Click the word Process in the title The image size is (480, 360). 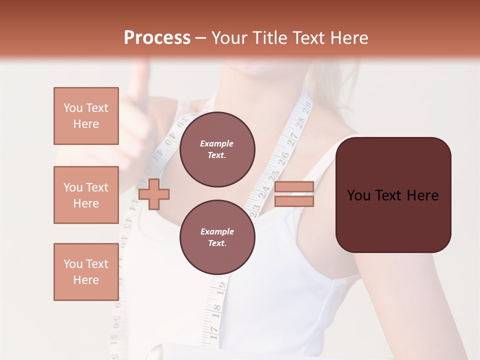(157, 37)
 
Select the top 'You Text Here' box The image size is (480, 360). (86, 116)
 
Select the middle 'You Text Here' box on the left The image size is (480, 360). (86, 195)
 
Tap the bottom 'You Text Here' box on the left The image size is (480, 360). (86, 271)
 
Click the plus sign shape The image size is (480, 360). (153, 194)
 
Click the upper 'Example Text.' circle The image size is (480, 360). (217, 149)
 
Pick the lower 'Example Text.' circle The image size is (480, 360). (217, 237)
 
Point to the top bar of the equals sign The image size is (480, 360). (294, 186)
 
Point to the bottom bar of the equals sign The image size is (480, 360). (294, 201)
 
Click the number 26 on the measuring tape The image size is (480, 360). (283, 157)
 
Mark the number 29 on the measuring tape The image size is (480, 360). (306, 106)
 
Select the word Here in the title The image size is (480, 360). (348, 38)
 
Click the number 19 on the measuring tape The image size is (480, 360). (221, 288)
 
